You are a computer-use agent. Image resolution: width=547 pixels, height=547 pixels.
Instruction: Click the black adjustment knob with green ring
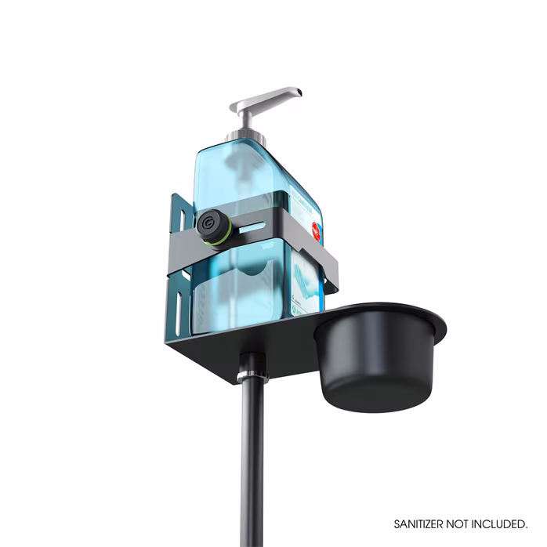212,226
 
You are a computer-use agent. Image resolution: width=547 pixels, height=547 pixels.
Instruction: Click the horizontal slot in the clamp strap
254,226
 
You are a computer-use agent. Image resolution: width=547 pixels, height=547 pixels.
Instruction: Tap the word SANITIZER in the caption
422,522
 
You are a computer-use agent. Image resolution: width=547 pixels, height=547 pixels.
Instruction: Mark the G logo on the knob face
208,226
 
